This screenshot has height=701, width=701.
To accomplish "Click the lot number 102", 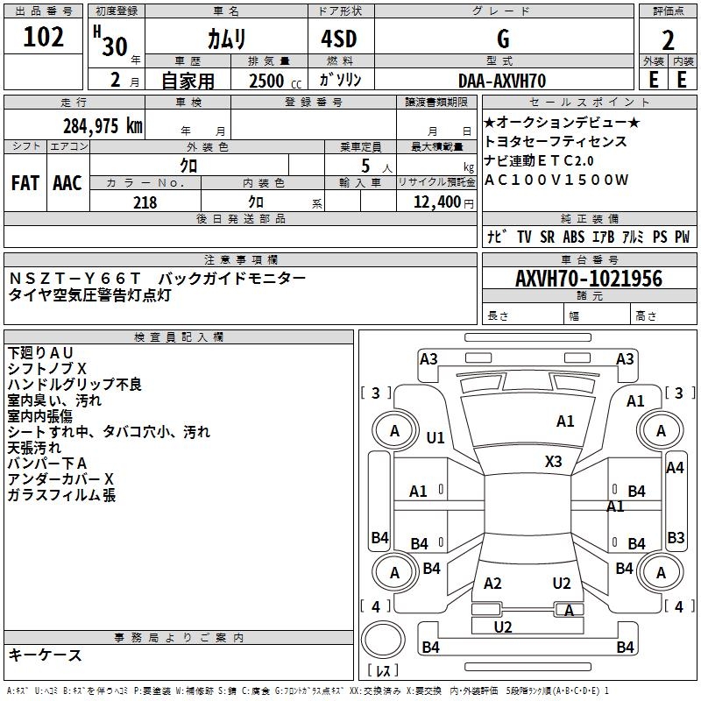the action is click(43, 37).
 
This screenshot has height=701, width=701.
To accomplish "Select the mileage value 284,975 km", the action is click(103, 126).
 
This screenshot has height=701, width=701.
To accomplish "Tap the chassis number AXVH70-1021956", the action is click(589, 279).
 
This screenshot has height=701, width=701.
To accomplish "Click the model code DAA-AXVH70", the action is click(502, 81).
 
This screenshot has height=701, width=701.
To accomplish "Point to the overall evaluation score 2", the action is click(668, 40).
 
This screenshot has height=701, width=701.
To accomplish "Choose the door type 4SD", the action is click(339, 39).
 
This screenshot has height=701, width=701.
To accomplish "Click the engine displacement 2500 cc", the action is click(275, 81).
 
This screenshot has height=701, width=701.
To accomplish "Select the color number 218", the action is click(145, 202).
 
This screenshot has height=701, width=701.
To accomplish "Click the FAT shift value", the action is click(25, 183).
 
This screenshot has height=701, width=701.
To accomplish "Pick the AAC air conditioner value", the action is click(67, 183).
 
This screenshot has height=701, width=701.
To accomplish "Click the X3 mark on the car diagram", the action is click(553, 462).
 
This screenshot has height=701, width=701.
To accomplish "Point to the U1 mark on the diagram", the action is click(435, 437).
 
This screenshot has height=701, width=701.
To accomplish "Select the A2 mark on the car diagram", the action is click(492, 583).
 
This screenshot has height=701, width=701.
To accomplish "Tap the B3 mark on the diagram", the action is click(676, 537).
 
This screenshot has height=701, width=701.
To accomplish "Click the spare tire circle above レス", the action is click(383, 640).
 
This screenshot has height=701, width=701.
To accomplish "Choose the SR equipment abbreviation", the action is click(547, 237).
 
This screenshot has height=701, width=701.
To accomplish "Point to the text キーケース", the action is click(45, 655).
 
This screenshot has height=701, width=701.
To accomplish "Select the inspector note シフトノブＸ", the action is click(47, 368).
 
